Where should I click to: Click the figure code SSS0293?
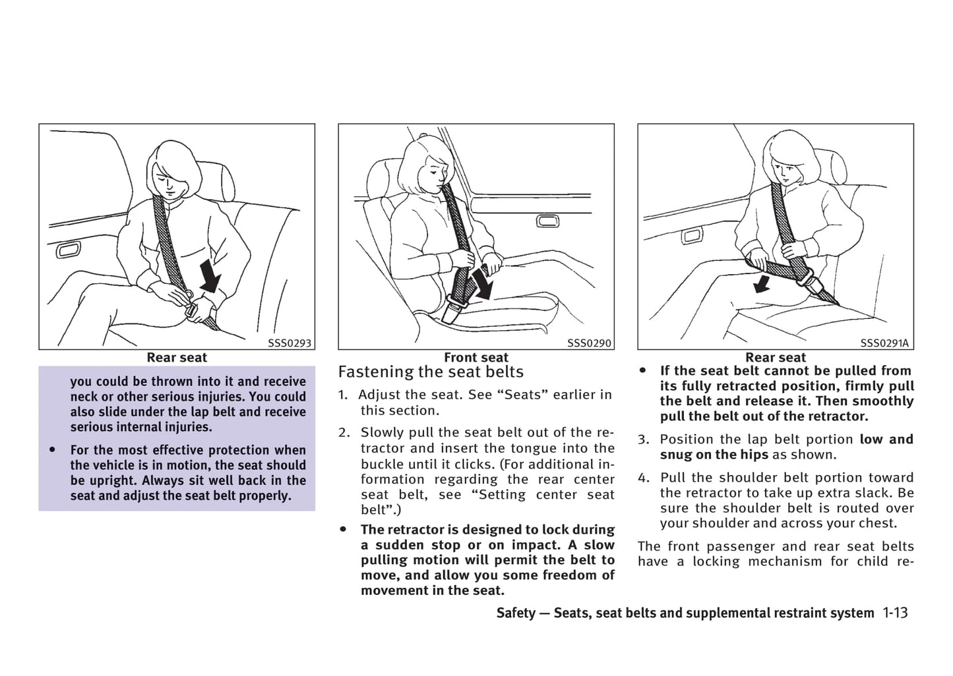click(289, 343)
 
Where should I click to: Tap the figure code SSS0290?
click(589, 343)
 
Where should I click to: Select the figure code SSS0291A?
click(884, 343)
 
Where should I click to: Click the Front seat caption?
click(476, 358)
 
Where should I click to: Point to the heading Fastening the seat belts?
click(431, 372)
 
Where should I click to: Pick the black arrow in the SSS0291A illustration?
click(762, 284)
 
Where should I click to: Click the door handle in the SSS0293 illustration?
click(68, 250)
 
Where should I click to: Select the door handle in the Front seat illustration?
click(547, 221)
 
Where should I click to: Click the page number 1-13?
click(895, 613)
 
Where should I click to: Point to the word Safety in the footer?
click(516, 613)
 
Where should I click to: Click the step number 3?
click(642, 439)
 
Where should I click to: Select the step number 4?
click(642, 478)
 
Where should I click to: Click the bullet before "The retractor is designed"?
click(343, 530)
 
